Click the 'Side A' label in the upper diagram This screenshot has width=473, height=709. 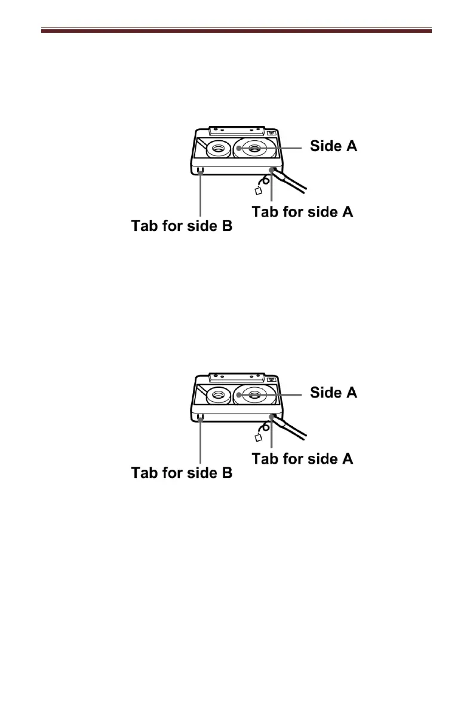click(333, 146)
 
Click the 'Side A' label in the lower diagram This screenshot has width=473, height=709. click(333, 392)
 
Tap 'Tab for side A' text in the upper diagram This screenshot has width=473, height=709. click(302, 212)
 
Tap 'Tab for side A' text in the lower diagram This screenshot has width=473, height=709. click(302, 458)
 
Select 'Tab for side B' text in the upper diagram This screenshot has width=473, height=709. click(182, 227)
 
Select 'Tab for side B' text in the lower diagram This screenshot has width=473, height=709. click(182, 473)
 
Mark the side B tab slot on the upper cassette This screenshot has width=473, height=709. click(201, 171)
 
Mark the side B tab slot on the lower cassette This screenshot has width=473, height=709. click(201, 417)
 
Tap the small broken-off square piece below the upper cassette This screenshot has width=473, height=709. click(259, 191)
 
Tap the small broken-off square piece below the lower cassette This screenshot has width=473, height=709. click(259, 438)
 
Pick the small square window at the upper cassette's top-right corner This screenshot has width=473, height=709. click(272, 133)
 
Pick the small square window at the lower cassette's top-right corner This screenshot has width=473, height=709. click(272, 380)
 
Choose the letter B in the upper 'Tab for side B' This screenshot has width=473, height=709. click(226, 227)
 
